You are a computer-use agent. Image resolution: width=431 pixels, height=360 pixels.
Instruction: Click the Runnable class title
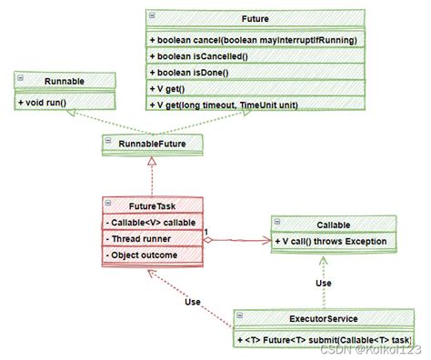(x=64, y=80)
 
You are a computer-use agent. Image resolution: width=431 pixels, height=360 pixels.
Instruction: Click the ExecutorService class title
(x=323, y=318)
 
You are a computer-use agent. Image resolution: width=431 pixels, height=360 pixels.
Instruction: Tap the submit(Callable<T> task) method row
(x=323, y=339)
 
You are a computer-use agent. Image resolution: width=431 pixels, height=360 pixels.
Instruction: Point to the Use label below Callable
(x=324, y=282)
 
